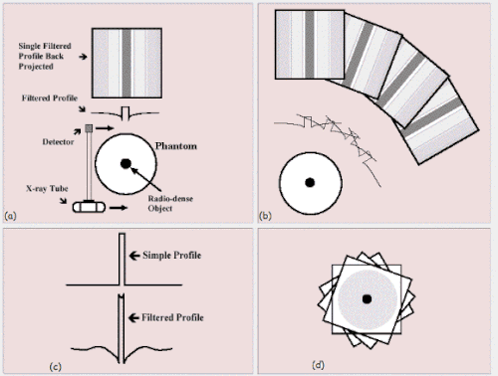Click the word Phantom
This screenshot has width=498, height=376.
point(176,146)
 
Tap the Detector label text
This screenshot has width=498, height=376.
point(58,142)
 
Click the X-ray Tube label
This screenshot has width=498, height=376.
point(47,188)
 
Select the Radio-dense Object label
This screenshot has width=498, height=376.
point(170,203)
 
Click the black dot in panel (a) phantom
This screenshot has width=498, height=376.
point(125,163)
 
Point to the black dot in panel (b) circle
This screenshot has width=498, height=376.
point(310,182)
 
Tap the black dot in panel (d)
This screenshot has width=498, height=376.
point(367,298)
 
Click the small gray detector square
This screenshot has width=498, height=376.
point(89,128)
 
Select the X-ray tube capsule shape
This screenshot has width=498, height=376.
point(89,207)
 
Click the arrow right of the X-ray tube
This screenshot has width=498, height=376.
point(119,208)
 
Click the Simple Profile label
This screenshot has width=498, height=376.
point(172,255)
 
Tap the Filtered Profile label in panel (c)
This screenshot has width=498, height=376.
point(172,317)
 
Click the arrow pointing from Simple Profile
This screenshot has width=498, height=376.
point(134,256)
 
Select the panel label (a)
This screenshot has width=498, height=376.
point(10,216)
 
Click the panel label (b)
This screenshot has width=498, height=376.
point(265,216)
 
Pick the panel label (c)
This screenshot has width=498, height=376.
point(55,367)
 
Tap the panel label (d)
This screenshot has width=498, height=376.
point(318,365)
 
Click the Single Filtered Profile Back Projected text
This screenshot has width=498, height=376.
point(45,56)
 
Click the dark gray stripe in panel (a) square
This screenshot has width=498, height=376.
point(126,63)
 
